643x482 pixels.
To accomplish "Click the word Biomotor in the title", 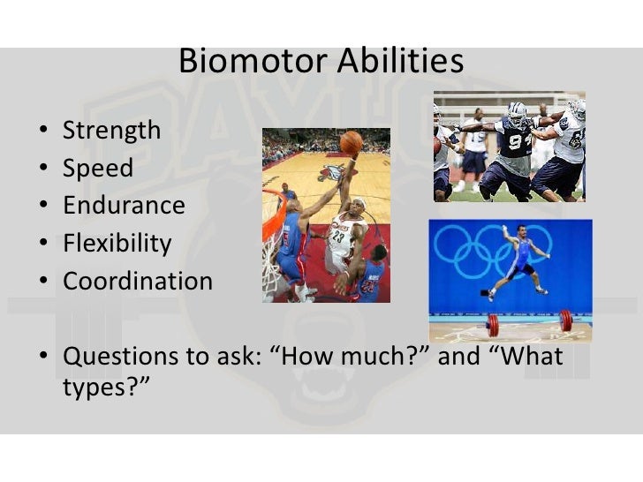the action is [x=253, y=61].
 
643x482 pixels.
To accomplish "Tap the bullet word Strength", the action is [x=111, y=132].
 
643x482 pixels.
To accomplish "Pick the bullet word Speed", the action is [x=98, y=168].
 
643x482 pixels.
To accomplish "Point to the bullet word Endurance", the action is [x=124, y=205].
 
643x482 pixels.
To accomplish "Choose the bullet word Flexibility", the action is [x=117, y=243].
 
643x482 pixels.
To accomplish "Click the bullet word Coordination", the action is [x=138, y=281].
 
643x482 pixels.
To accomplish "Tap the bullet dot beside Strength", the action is [x=43, y=130].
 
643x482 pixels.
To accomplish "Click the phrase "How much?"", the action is [x=353, y=356].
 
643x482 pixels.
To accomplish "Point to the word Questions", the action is [x=120, y=356].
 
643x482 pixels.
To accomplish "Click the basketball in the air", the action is [x=351, y=143].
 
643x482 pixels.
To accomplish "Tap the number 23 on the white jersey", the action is [x=338, y=237].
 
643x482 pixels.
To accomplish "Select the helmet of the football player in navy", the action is [x=517, y=114].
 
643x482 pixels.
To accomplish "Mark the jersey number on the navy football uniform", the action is [x=519, y=141].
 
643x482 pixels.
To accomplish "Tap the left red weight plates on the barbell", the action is [x=494, y=326].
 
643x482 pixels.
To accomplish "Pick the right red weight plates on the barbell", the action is [x=566, y=320].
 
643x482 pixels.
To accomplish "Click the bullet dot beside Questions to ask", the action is [x=43, y=355].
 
